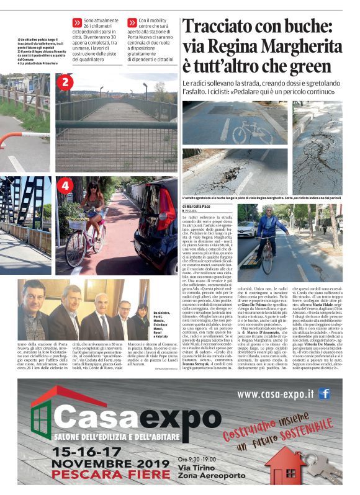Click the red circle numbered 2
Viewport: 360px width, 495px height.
(x=67, y=82)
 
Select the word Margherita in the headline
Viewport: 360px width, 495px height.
(x=292, y=47)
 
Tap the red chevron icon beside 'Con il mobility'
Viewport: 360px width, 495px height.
(x=132, y=22)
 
